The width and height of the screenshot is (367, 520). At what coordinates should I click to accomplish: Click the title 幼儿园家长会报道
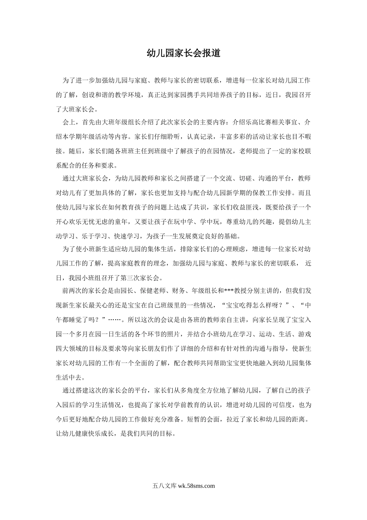point(183,53)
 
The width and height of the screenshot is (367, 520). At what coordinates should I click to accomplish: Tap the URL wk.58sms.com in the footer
point(195,486)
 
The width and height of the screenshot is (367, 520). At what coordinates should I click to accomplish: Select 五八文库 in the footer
point(164,486)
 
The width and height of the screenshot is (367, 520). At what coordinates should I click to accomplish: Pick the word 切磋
point(248,179)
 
